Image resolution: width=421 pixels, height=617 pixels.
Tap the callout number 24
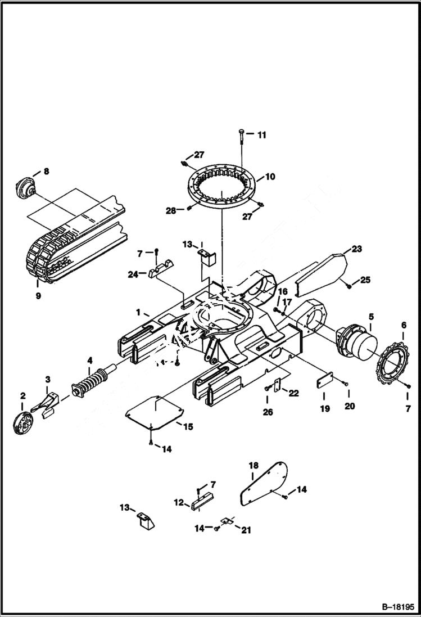(133, 275)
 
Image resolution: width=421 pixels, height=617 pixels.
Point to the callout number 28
(170, 210)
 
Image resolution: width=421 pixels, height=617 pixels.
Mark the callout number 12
(178, 502)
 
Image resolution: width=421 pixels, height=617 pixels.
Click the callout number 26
(268, 412)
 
